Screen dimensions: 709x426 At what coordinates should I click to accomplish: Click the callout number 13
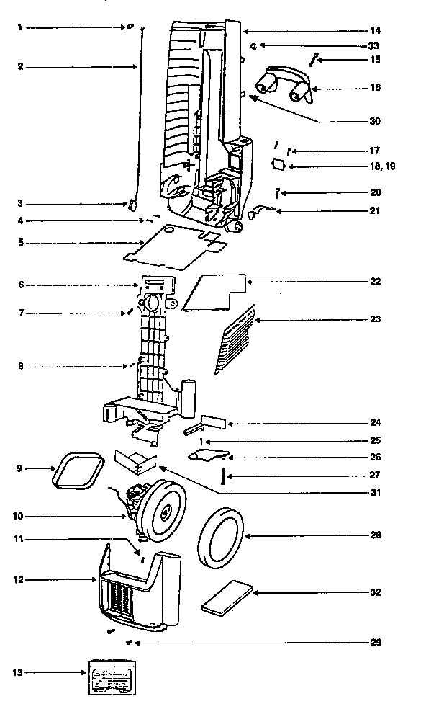pyautogui.click(x=18, y=672)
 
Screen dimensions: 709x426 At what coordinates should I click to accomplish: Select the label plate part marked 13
pyautogui.click(x=110, y=676)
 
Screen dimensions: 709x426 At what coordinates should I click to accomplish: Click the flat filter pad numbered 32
pyautogui.click(x=226, y=597)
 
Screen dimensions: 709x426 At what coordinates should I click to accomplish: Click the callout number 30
pyautogui.click(x=373, y=121)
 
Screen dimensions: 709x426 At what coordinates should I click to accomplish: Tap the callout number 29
pyautogui.click(x=373, y=642)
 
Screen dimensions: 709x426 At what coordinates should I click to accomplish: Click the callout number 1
pyautogui.click(x=20, y=27)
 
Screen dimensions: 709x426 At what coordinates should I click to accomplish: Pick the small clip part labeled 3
pyautogui.click(x=133, y=205)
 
